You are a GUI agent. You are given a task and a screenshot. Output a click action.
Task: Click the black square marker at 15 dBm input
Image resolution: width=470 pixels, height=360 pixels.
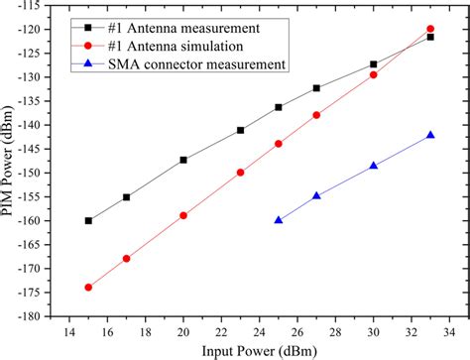[88, 220]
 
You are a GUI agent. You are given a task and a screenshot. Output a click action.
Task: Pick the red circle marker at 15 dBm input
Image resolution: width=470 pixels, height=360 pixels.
[88, 288]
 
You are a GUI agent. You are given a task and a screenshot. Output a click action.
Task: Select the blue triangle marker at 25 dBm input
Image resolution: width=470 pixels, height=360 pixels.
[279, 220]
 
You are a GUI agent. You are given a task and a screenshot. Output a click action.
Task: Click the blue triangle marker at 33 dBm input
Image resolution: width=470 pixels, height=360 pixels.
[430, 135]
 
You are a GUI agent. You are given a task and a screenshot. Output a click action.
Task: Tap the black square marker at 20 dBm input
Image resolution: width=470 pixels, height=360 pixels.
[183, 160]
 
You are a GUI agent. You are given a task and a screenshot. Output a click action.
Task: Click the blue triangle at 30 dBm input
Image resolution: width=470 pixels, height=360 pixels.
[374, 166]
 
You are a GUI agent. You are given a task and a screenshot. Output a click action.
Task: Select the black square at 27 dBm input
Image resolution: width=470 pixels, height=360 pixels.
[316, 88]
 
